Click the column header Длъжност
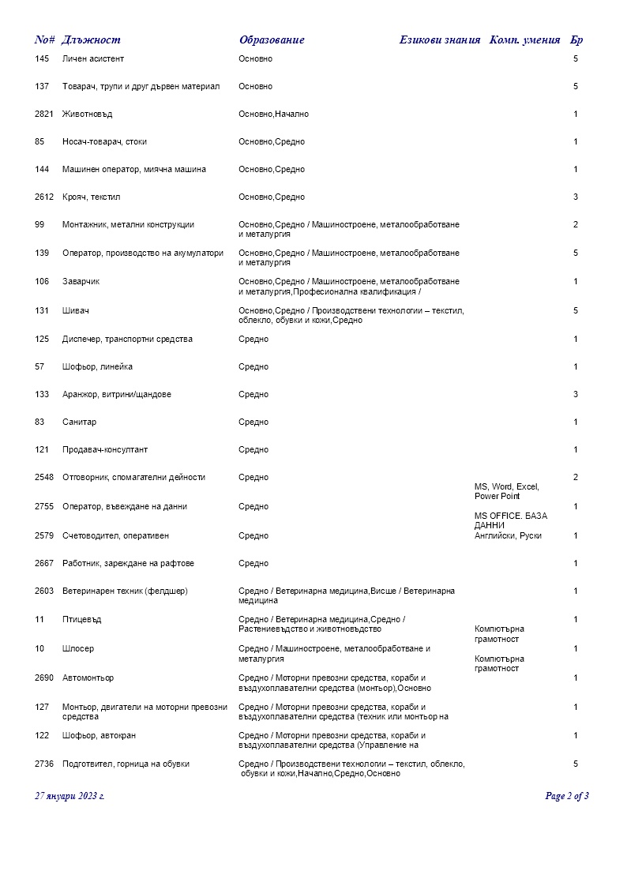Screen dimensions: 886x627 pyautogui.click(x=91, y=40)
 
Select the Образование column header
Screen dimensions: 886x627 pyautogui.click(x=272, y=40)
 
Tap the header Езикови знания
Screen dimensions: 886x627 pyautogui.click(x=439, y=40)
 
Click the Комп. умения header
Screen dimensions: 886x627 pyautogui.click(x=525, y=40)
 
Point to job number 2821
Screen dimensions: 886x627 pyautogui.click(x=44, y=115)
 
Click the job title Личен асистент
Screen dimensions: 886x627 pyautogui.click(x=93, y=59)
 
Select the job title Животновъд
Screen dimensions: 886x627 pyautogui.click(x=87, y=115)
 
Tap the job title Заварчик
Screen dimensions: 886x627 pyautogui.click(x=81, y=282)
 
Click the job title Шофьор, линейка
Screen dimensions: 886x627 pyautogui.click(x=97, y=367)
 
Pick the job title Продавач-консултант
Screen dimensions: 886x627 pyautogui.click(x=105, y=450)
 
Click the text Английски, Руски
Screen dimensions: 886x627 pyautogui.click(x=508, y=536)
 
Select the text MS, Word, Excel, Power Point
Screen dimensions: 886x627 pyautogui.click(x=506, y=492)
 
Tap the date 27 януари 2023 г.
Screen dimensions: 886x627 pyautogui.click(x=69, y=796)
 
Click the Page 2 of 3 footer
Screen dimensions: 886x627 pyautogui.click(x=567, y=796)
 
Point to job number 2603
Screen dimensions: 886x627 pyautogui.click(x=44, y=591)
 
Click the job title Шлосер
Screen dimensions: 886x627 pyautogui.click(x=78, y=649)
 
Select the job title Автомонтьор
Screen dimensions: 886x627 pyautogui.click(x=88, y=678)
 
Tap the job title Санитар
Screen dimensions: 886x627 pyautogui.click(x=79, y=422)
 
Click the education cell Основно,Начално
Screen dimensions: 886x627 pyautogui.click(x=273, y=115)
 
